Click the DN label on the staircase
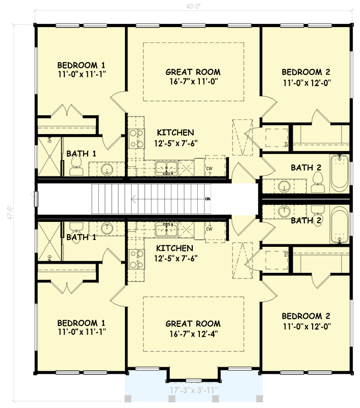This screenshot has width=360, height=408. (208, 198)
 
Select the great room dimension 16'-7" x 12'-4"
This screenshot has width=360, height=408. (193, 334)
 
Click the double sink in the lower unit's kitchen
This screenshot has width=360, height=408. (166, 231)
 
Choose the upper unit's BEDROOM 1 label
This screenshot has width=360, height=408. (81, 65)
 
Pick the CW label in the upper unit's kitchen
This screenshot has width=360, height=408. (209, 168)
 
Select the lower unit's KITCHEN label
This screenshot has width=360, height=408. (174, 248)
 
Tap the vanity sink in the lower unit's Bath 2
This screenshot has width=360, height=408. (283, 210)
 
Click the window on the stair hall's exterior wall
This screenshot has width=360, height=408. (35, 198)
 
